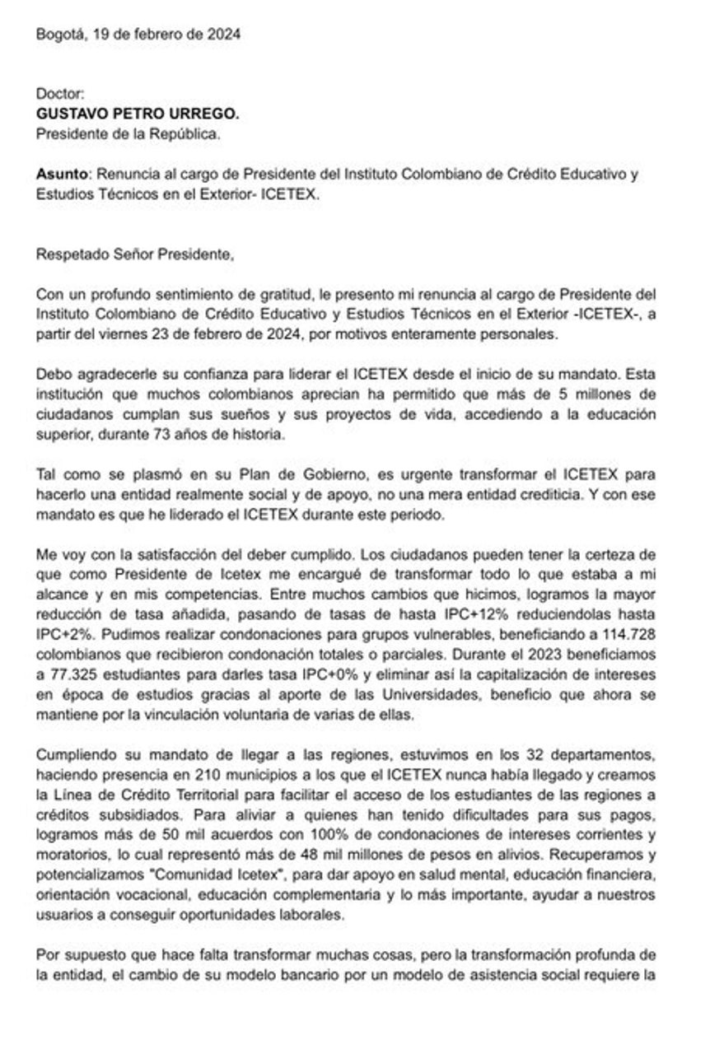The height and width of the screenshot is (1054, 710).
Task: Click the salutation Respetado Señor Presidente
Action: click(135, 255)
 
